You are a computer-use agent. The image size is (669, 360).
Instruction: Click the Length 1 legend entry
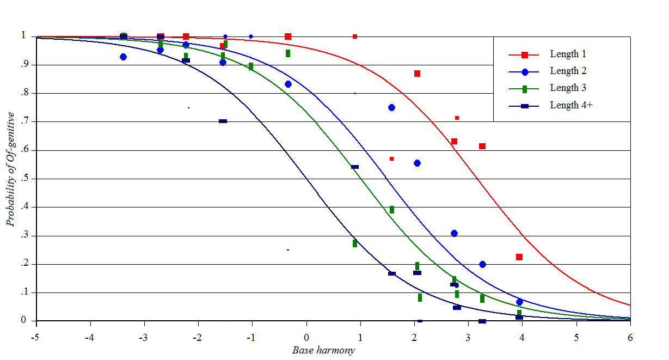tap(568, 54)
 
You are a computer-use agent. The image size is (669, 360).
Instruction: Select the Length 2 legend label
tap(568, 71)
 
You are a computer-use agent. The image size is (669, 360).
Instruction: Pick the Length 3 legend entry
tap(568, 88)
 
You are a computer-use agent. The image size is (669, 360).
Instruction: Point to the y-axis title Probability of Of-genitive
tap(10, 169)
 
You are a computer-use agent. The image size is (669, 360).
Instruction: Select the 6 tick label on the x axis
tap(630, 338)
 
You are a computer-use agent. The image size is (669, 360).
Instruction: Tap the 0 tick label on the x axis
tap(306, 338)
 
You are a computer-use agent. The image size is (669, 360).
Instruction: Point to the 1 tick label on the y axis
tap(23, 36)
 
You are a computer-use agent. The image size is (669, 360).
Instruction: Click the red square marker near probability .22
tap(519, 257)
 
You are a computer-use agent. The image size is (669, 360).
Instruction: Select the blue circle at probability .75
tap(391, 108)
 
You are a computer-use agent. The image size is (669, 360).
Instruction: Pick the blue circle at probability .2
tap(482, 265)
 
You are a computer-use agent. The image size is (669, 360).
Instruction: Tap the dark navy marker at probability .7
tap(223, 121)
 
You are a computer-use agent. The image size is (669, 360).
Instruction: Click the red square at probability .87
tap(417, 74)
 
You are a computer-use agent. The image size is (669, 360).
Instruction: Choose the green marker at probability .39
tap(391, 210)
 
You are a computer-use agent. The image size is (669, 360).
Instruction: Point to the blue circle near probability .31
tap(454, 234)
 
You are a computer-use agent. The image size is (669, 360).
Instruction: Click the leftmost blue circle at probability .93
tap(123, 57)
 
